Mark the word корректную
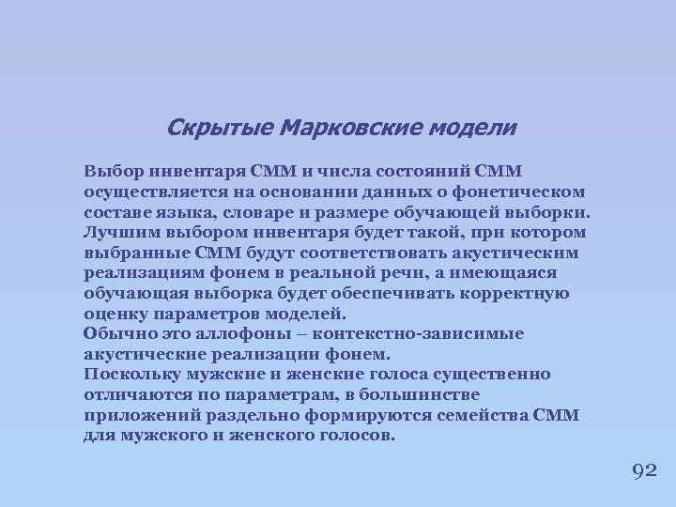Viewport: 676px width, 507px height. click(x=515, y=293)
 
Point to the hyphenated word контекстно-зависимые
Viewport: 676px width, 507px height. click(x=419, y=334)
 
